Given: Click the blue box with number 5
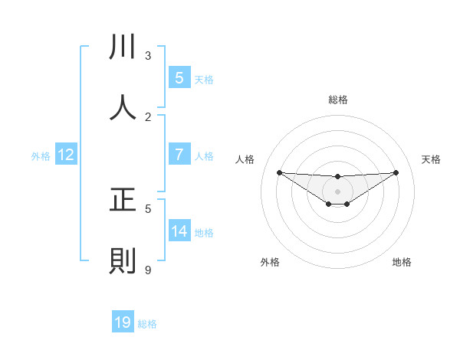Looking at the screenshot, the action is point(179,77).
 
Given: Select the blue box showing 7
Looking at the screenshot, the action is point(179,155).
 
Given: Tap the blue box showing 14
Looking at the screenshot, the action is point(179,231).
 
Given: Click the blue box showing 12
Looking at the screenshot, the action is point(66,155).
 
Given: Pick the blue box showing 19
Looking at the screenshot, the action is point(123,322).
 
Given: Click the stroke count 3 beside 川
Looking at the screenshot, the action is point(148,56).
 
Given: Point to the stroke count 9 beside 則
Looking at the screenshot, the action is point(148,270).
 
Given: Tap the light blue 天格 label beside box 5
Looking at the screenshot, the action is point(204,79).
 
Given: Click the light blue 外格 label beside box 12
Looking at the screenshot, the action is point(41,156).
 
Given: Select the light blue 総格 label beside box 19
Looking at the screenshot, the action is point(147,324).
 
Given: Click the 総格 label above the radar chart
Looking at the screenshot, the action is point(338,100).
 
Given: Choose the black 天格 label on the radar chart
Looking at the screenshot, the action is point(432,159).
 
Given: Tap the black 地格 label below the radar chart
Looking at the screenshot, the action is point(402,263).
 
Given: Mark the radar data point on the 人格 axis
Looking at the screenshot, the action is point(279,172).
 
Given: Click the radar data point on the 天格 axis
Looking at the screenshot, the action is point(396,172).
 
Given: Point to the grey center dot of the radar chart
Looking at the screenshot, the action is point(338,191).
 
